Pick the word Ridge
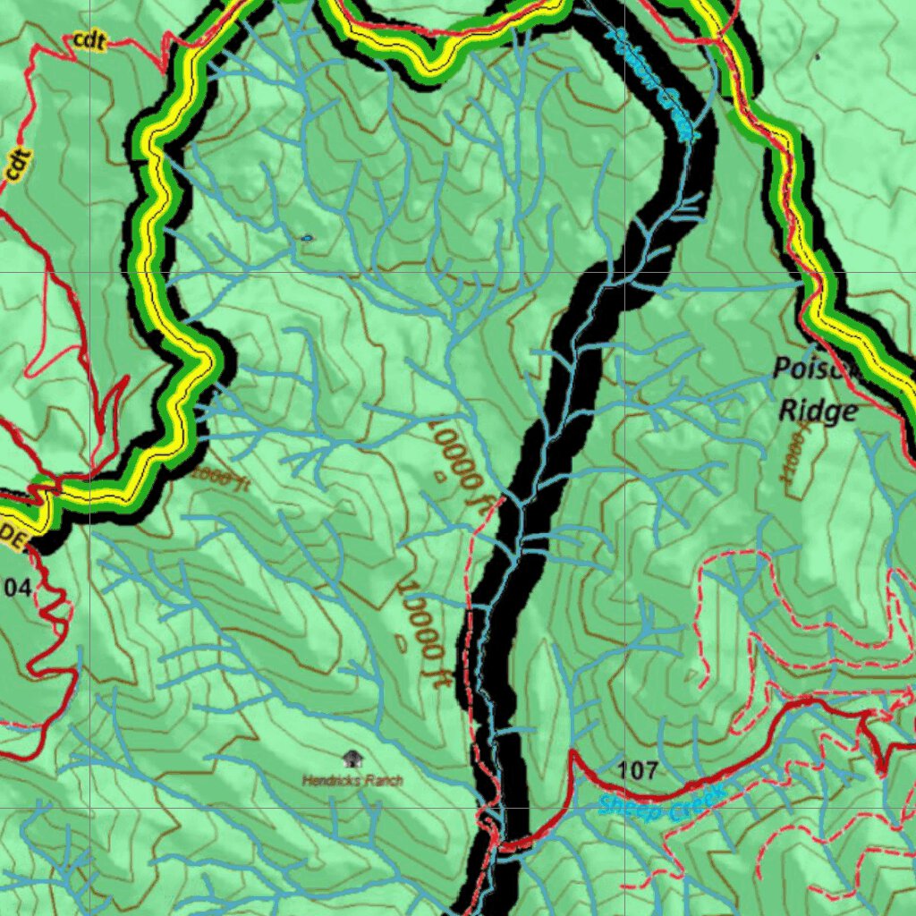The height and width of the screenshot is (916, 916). point(818,411)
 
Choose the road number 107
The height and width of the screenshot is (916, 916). point(638,769)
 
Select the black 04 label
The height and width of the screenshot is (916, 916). point(16,587)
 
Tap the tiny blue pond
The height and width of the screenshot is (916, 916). point(307,238)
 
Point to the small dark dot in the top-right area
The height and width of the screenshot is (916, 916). point(818,56)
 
